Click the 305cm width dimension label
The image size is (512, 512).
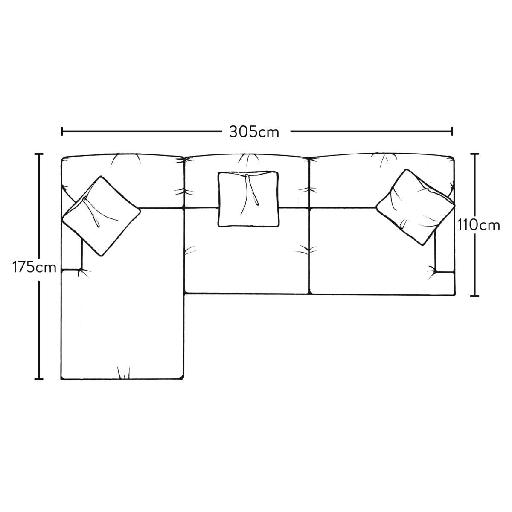click(x=254, y=132)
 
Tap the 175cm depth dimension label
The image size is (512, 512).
click(x=34, y=267)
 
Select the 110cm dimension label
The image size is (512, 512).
click(x=478, y=226)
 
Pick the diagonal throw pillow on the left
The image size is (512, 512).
click(x=101, y=216)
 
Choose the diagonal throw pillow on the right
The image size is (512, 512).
click(x=415, y=207)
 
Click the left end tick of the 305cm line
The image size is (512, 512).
click(x=62, y=131)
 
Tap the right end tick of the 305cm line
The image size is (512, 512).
click(x=452, y=131)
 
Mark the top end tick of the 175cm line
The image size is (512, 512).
click(x=39, y=154)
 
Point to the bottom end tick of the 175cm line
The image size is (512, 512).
click(x=39, y=379)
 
